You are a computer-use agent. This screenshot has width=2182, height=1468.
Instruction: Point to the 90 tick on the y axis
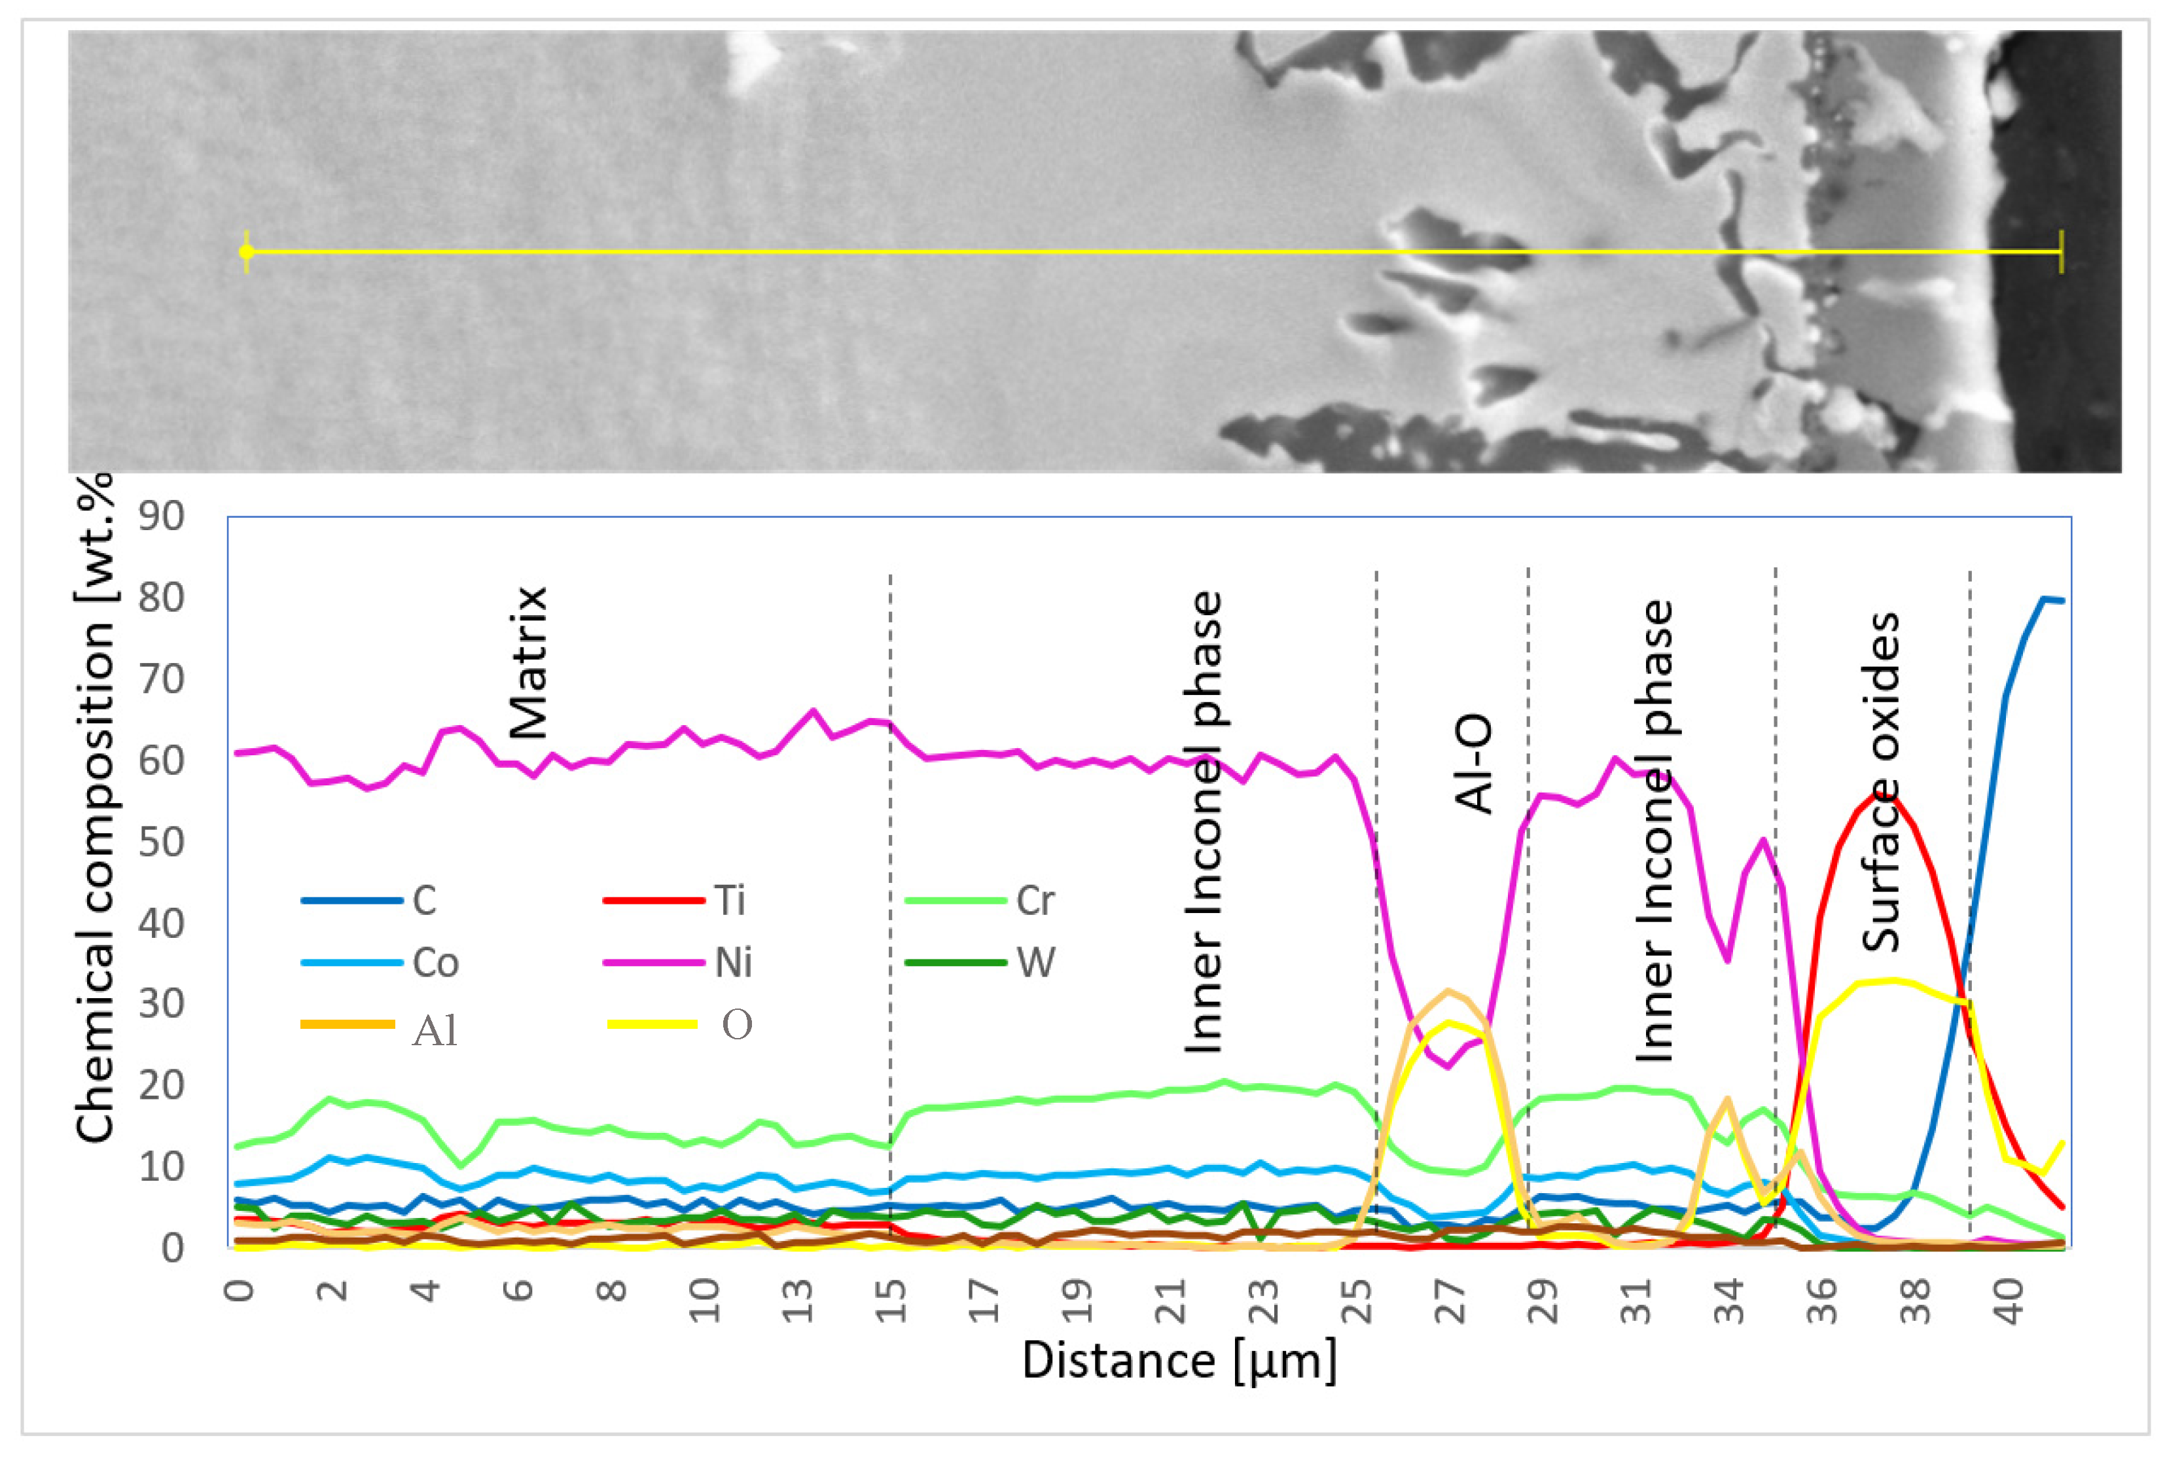point(161,516)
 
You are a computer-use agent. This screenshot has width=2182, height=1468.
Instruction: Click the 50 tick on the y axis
point(161,842)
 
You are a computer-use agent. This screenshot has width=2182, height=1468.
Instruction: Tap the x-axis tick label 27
point(1450,1301)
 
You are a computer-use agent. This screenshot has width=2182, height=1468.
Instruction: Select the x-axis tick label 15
point(891,1301)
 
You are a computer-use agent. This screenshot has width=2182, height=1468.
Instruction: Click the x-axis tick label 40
point(2009,1301)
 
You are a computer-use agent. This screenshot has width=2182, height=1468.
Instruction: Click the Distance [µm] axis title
point(1179,1360)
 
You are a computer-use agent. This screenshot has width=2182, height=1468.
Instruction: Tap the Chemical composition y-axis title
point(96,810)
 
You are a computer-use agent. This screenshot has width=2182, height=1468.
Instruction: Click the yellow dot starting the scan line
point(246,252)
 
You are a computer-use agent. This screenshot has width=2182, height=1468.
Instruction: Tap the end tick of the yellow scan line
point(2060,252)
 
